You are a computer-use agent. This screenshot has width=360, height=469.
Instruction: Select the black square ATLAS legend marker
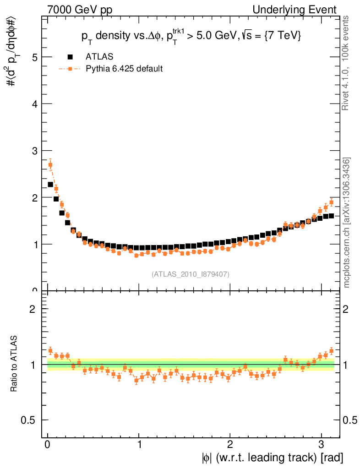pyautogui.click(x=70, y=57)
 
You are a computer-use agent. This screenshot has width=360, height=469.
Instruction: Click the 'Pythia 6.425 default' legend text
pyautogui.click(x=124, y=69)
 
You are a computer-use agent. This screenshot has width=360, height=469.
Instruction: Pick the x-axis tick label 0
pyautogui.click(x=48, y=445)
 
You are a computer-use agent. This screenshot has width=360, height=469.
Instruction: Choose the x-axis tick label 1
pyautogui.click(x=139, y=445)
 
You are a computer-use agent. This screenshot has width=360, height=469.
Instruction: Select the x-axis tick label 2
pyautogui.click(x=230, y=445)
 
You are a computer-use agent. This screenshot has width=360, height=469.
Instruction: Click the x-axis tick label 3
pyautogui.click(x=321, y=445)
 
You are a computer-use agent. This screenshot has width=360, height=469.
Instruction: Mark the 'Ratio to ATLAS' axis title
pyautogui.click(x=15, y=364)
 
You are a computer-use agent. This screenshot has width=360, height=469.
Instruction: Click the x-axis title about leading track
pyautogui.click(x=272, y=457)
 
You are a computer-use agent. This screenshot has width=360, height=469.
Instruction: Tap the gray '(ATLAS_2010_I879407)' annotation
pyautogui.click(x=191, y=274)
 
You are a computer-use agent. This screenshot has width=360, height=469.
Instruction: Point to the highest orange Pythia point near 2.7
pyautogui.click(x=50, y=165)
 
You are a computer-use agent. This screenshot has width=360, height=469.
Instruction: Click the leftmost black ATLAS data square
pyautogui.click(x=50, y=185)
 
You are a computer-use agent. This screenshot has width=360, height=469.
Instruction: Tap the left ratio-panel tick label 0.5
pyautogui.click(x=32, y=420)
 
